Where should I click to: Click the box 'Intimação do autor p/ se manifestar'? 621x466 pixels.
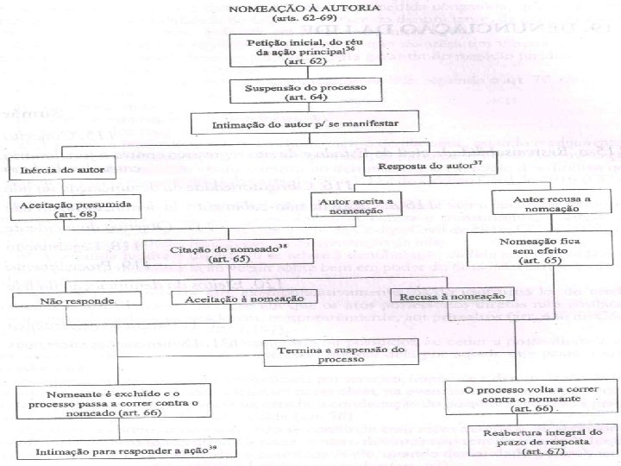coord(305,124)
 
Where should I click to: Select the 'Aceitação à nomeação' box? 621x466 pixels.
coord(239,299)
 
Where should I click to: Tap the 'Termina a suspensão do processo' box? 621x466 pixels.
coord(341,354)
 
